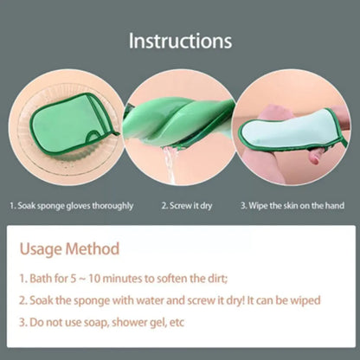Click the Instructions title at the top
click(x=180, y=41)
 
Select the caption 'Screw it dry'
click(x=189, y=205)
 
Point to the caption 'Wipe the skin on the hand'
click(x=294, y=205)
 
